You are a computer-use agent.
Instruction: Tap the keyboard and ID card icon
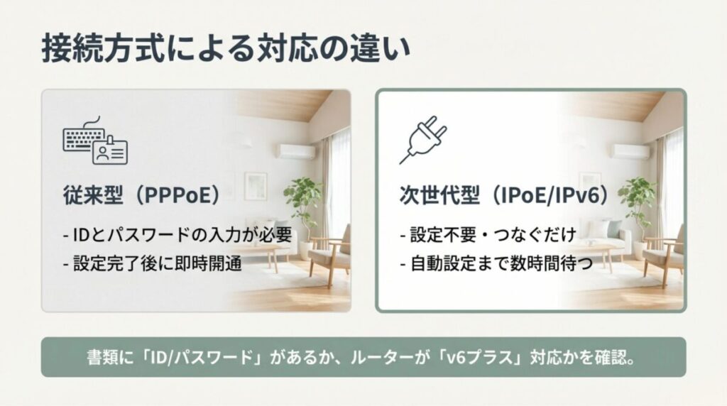click(94, 141)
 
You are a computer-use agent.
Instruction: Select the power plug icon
click(423, 139)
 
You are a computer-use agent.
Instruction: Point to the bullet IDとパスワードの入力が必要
click(177, 234)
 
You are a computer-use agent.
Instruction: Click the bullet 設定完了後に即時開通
click(153, 263)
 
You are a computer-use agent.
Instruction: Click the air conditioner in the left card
click(296, 151)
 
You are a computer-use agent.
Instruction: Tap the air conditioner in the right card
click(630, 150)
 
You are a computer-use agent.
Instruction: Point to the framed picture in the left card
click(256, 185)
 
